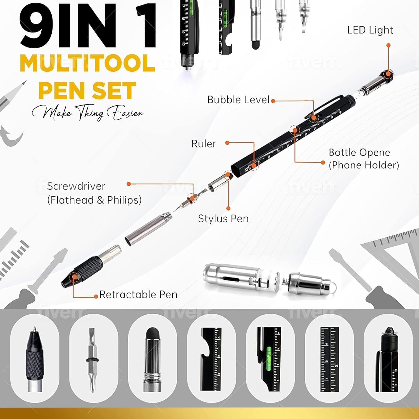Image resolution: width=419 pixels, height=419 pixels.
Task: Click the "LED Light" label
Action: pos(370,30)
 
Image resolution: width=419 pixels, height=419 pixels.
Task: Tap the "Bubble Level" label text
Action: pos(238,100)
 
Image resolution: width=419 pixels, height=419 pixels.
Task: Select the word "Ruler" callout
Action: pos(204,144)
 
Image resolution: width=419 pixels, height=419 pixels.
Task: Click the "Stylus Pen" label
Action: pos(223,218)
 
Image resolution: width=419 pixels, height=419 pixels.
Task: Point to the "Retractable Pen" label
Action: pos(138,295)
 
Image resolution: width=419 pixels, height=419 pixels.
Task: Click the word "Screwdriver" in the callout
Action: pos(76,186)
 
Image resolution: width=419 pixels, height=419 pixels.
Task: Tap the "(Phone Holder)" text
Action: pos(364,165)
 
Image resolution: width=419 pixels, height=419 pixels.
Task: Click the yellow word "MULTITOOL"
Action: pos(87,63)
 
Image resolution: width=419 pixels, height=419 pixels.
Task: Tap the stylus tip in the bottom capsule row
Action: pos(152,334)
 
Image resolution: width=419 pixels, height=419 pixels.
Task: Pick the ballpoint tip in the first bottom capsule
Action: pos(34,331)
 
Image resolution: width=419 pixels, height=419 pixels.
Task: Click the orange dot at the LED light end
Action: pos(388,45)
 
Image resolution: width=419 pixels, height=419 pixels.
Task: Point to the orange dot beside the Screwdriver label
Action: pos(129,184)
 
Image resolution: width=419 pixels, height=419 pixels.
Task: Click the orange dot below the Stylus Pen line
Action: pos(228,208)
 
